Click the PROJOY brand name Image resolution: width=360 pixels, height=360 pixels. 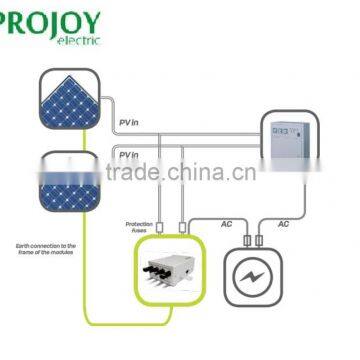tap(55, 17)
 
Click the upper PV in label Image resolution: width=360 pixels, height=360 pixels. tap(128, 121)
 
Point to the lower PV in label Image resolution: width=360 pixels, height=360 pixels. tap(128, 155)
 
